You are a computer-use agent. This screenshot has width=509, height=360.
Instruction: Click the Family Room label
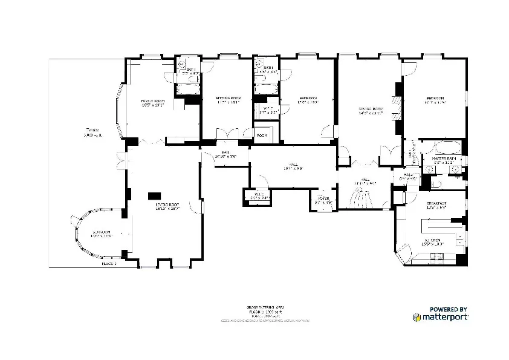pyautogui.click(x=153, y=101)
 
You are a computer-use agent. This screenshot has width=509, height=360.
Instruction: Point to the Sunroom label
pyautogui.click(x=102, y=234)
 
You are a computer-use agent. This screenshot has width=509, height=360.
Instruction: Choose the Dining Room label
pyautogui.click(x=371, y=110)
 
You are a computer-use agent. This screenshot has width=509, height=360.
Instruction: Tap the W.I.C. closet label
pyautogui.click(x=267, y=110)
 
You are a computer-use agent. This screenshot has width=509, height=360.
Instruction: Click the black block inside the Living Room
pyautogui.click(x=155, y=195)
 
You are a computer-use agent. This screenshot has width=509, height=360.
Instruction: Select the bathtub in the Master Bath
pyautogui.click(x=446, y=148)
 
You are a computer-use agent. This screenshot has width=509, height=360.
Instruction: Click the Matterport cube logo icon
pyautogui.click(x=417, y=316)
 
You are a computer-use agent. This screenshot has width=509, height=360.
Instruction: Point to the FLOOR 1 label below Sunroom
pyautogui.click(x=109, y=264)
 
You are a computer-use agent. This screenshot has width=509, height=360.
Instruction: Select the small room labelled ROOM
pyautogui.click(x=262, y=136)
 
